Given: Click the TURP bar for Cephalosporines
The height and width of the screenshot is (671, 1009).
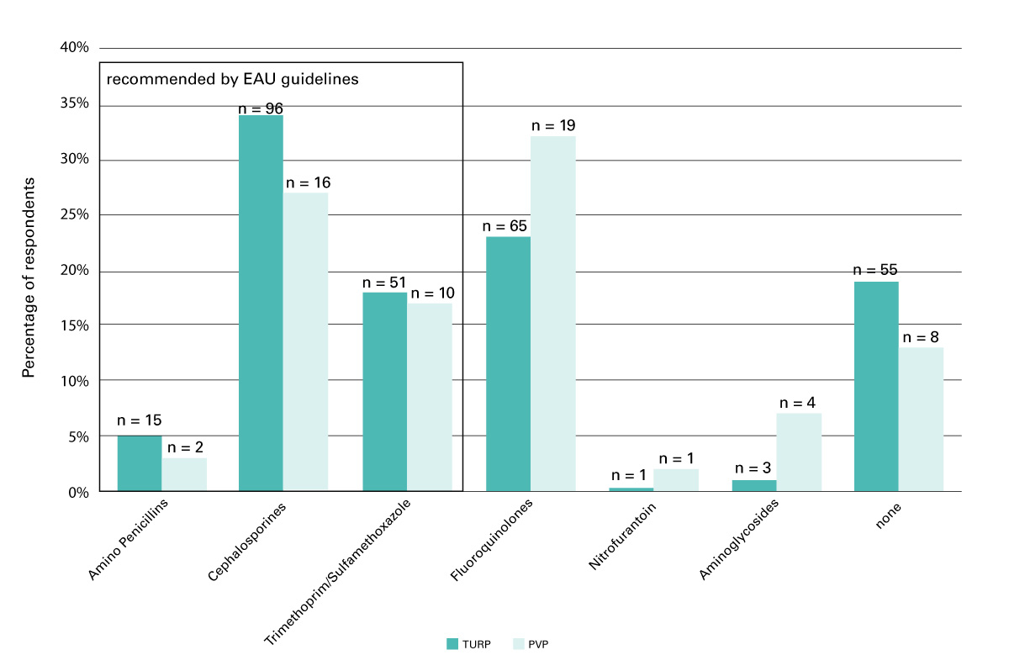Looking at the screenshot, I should [x=261, y=303].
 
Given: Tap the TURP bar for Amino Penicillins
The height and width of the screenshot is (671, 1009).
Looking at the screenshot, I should [x=140, y=463].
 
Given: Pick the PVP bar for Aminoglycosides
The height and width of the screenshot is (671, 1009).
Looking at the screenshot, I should [x=799, y=452].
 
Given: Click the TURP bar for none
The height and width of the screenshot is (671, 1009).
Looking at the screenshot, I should [x=876, y=386].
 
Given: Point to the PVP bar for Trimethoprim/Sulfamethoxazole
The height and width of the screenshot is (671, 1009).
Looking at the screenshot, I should [x=430, y=397].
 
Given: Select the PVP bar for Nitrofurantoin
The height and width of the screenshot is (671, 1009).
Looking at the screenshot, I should [x=675, y=480].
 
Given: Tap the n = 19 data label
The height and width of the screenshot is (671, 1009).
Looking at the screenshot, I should [x=553, y=126].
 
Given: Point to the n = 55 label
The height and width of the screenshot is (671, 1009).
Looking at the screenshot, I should [x=875, y=271].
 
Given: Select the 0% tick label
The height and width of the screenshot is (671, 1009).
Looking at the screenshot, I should [x=78, y=492].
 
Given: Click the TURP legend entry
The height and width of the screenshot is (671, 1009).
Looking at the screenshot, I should [x=468, y=644].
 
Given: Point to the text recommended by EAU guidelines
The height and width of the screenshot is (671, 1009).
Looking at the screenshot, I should [x=231, y=80].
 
